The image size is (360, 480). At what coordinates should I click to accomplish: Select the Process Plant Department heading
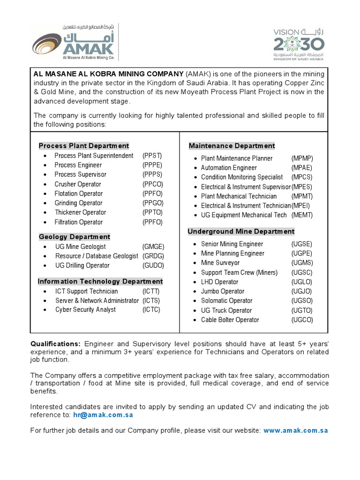[84, 146]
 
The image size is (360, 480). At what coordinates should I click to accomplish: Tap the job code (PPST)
[152, 156]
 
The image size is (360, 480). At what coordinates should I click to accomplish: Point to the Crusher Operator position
[78, 184]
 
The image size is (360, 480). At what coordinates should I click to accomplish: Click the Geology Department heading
[75, 237]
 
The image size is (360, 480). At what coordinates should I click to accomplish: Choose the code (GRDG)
[154, 256]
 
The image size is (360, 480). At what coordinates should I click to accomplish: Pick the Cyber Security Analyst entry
[86, 310]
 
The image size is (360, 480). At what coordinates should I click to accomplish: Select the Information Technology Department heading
[100, 281]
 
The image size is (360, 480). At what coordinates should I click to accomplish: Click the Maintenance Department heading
[232, 146]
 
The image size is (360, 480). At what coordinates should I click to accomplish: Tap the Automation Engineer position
[229, 168]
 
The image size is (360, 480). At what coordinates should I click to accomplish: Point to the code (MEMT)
[302, 215]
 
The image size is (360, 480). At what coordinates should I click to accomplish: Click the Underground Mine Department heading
[241, 231]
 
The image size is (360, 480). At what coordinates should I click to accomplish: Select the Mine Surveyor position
[220, 263]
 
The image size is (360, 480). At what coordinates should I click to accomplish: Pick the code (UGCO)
[302, 320]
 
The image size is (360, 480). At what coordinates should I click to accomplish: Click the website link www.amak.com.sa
[295, 430]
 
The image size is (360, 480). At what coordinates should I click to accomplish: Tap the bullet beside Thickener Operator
[45, 213]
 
